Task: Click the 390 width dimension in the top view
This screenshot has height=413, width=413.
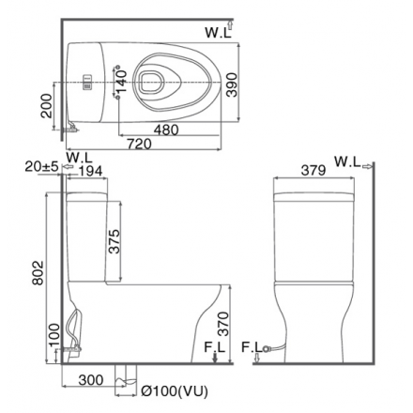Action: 232,84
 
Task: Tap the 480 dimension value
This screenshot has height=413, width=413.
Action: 166,130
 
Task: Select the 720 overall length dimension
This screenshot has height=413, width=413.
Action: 139,144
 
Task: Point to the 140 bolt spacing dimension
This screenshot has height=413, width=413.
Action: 122,82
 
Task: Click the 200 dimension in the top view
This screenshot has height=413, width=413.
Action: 47,105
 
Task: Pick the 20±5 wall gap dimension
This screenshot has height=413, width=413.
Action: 41,167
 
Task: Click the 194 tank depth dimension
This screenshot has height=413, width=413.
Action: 90,171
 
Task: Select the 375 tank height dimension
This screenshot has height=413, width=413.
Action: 115,241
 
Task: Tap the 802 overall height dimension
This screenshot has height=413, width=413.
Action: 38,273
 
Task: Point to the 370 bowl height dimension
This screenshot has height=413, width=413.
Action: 223,324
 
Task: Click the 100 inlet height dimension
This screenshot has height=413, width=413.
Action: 54,335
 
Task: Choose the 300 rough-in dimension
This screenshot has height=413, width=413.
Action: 91,380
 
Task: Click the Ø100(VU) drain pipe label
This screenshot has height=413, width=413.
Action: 175,390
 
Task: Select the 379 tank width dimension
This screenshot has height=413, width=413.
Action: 314,171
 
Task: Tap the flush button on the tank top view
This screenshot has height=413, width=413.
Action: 87,83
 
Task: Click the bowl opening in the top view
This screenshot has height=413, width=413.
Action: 151,82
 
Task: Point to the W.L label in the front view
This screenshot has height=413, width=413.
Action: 347,161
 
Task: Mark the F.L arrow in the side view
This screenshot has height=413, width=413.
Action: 215,357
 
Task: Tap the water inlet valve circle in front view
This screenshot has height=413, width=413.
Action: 266,348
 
